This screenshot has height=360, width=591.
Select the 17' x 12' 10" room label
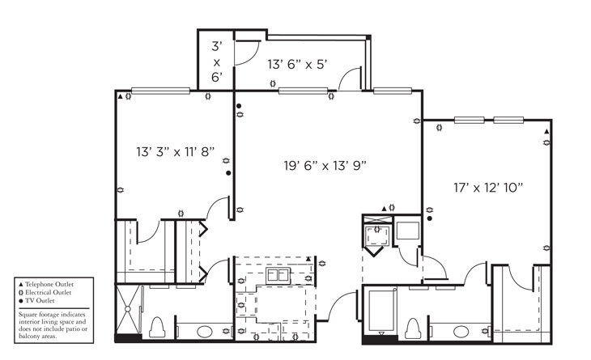(487, 187)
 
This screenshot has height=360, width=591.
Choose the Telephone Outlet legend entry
(50, 285)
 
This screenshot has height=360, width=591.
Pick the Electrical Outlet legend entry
(50, 293)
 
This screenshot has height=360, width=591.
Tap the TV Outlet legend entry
(42, 301)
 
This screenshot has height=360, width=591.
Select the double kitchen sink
(278, 276)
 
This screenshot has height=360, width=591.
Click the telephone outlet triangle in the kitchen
(309, 260)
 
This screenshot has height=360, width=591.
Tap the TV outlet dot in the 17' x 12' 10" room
(430, 218)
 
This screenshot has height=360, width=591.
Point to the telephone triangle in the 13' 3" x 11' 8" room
(121, 96)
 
